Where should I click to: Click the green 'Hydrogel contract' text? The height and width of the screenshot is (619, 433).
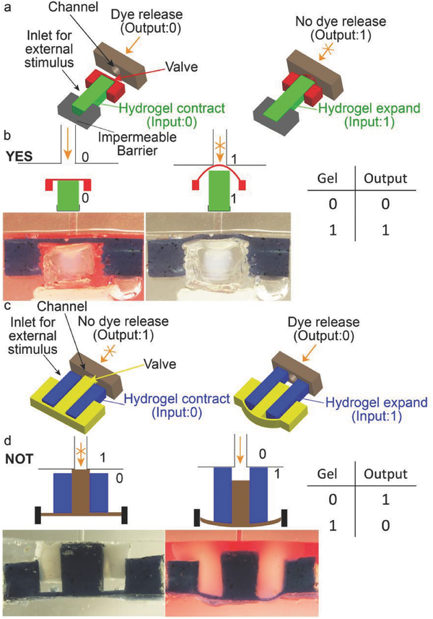click(171, 103)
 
